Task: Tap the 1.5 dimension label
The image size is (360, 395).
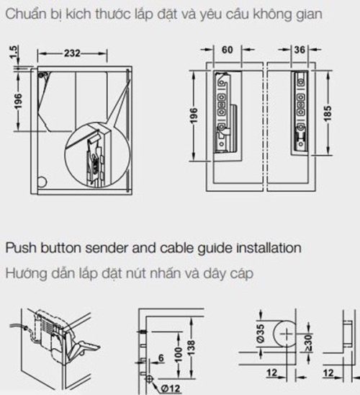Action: click(14, 53)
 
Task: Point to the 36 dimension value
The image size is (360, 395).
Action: click(301, 51)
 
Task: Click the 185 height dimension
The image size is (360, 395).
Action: click(329, 112)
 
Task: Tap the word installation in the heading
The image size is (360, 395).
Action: click(269, 248)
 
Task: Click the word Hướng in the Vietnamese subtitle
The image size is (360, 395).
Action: click(24, 275)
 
